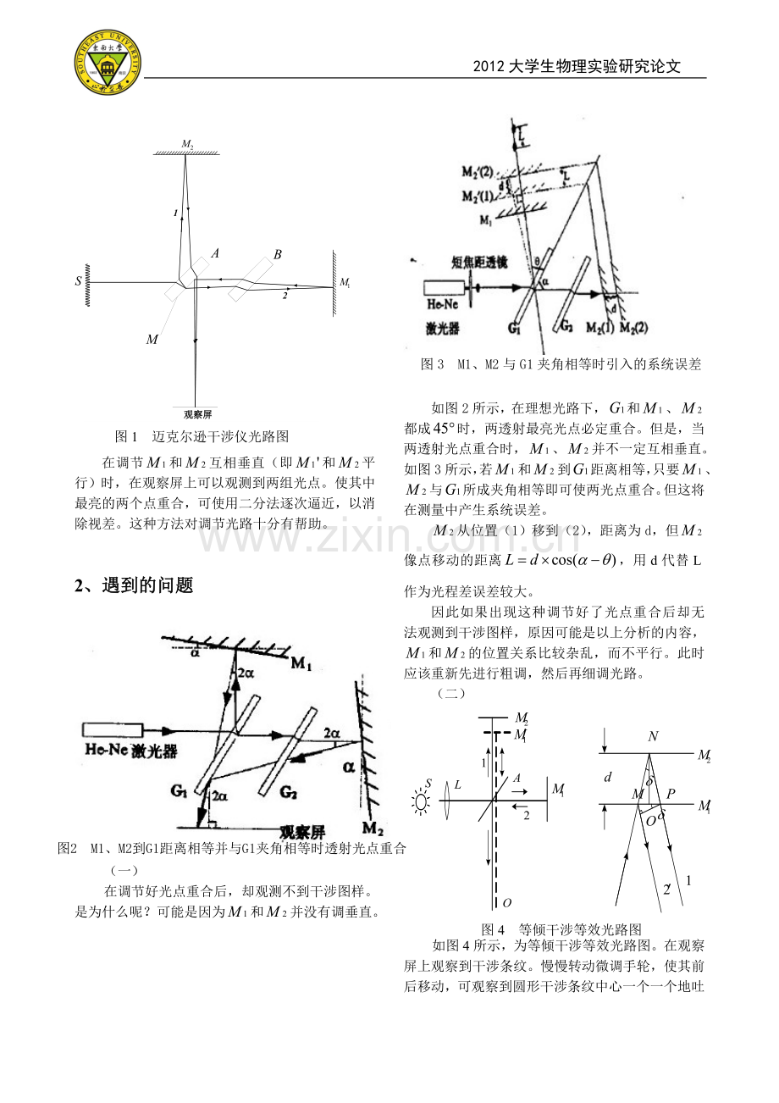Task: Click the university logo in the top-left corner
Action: (x=108, y=64)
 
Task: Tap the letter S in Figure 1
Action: (x=78, y=280)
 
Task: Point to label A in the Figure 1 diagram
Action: (x=215, y=252)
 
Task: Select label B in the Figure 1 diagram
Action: (x=277, y=253)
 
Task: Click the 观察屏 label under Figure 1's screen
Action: (x=196, y=414)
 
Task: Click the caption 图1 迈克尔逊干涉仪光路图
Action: (x=202, y=437)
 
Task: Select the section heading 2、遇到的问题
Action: (x=134, y=585)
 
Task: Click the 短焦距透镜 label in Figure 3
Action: (x=478, y=263)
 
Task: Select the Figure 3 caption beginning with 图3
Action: (x=561, y=364)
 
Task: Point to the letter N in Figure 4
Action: (x=652, y=737)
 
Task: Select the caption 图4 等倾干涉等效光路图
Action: (x=561, y=928)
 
